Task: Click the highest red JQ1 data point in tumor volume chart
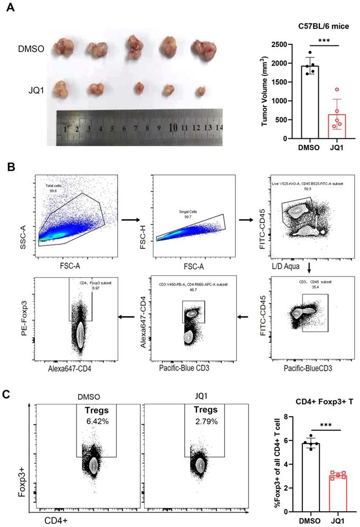pos(336,90)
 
